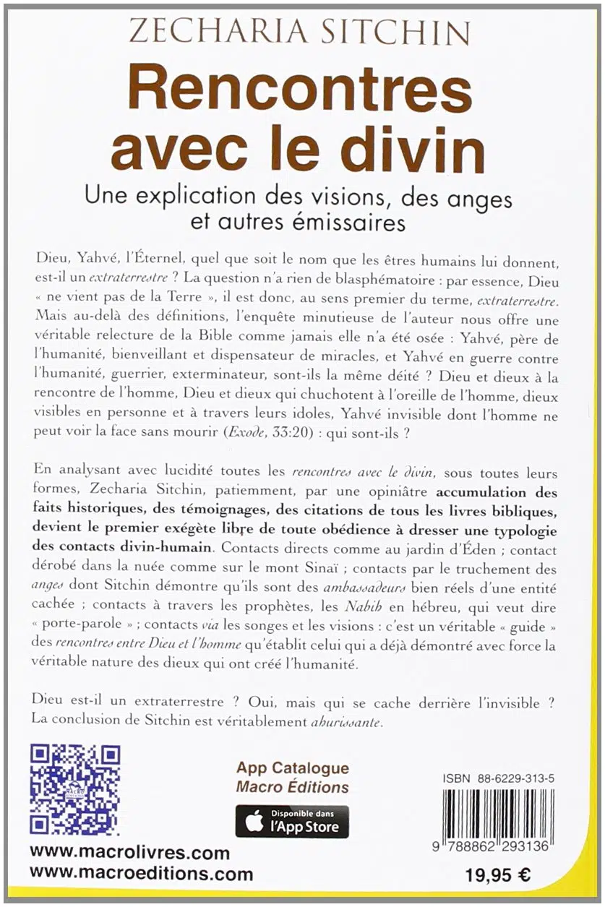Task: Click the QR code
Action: pos(74,790)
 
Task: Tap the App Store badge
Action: pos(292,822)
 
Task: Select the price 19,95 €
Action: pos(497,874)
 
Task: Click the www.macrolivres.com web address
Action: pos(130,854)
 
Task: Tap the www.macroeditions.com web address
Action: pos(142,874)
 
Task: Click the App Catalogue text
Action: pos(292,768)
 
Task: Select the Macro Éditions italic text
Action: pos(292,787)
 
